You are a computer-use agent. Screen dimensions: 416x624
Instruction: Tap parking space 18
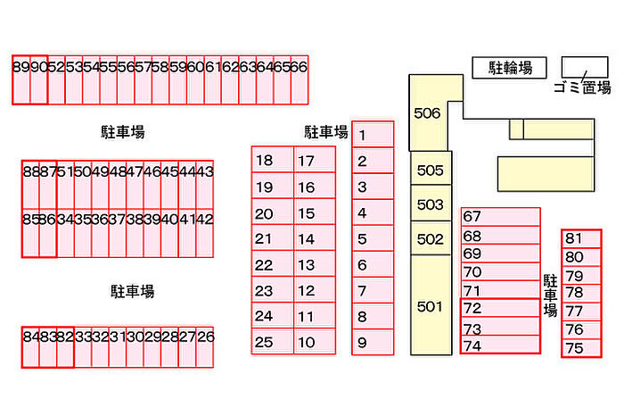pyautogui.click(x=272, y=161)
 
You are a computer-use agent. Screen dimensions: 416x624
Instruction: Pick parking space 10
pyautogui.click(x=314, y=342)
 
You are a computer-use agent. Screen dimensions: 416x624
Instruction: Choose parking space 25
pyautogui.click(x=272, y=342)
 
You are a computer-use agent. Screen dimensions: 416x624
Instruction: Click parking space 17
pyautogui.click(x=314, y=161)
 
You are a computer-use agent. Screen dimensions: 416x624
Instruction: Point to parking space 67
pyautogui.click(x=500, y=217)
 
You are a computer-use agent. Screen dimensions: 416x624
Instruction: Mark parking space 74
pyautogui.click(x=500, y=345)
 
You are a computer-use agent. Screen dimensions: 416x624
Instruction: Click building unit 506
pyautogui.click(x=429, y=113)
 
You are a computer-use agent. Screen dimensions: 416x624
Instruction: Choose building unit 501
pyautogui.click(x=430, y=306)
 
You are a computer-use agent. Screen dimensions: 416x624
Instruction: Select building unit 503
pyautogui.click(x=431, y=204)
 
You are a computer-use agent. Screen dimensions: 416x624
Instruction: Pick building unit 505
pyautogui.click(x=431, y=171)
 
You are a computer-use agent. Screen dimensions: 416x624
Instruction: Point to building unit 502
pyautogui.click(x=431, y=239)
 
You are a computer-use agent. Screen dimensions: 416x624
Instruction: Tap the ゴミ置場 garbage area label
pyautogui.click(x=581, y=87)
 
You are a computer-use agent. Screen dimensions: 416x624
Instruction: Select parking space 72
pyautogui.click(x=500, y=308)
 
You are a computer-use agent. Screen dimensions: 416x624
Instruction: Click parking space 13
pyautogui.click(x=314, y=265)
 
